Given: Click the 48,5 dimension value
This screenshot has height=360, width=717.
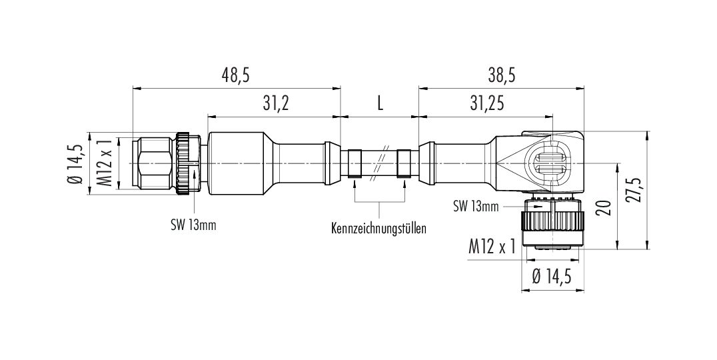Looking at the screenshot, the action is click(x=237, y=75).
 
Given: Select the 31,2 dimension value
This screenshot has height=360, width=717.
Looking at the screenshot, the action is click(x=276, y=104).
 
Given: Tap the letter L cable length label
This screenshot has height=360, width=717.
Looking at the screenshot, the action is click(x=380, y=104).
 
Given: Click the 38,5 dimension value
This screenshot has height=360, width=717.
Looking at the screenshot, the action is click(x=502, y=75).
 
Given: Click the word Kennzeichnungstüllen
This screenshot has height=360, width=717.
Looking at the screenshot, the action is click(x=378, y=228).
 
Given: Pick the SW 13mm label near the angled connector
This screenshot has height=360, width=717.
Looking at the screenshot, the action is click(x=476, y=207).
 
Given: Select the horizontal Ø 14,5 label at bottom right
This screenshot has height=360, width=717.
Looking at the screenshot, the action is click(x=552, y=277).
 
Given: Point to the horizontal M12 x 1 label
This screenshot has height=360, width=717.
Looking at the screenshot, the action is click(x=492, y=247).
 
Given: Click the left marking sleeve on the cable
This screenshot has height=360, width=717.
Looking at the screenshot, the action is click(x=355, y=163).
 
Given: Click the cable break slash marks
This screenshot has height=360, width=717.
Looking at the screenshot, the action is click(x=381, y=163).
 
